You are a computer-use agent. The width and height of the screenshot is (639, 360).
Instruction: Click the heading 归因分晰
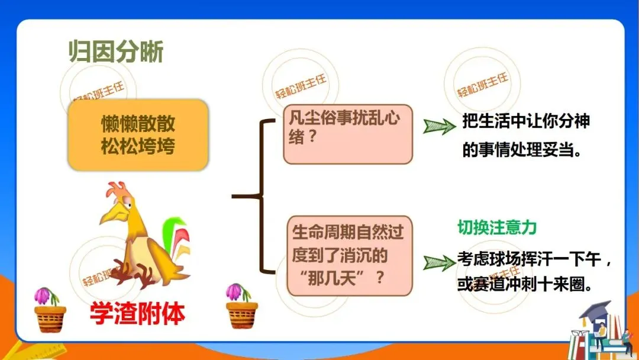(x=116, y=53)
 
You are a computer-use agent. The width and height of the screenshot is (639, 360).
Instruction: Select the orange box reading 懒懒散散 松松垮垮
(x=138, y=135)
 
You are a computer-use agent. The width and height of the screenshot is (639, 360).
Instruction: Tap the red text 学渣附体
(x=137, y=313)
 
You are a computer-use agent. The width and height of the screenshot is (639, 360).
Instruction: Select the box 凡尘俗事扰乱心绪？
(x=347, y=134)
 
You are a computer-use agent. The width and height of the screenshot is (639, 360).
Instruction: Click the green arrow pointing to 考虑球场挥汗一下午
(x=440, y=262)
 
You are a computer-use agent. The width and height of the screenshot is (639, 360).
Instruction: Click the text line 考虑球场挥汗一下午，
(x=534, y=259)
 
